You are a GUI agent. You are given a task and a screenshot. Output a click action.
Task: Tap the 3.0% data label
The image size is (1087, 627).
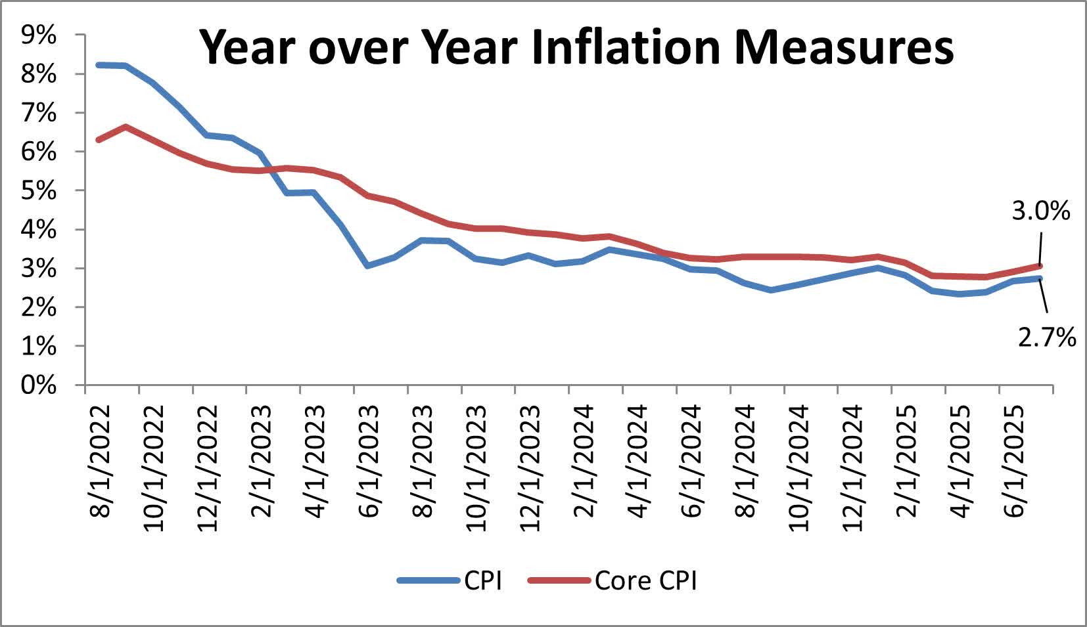click(x=1040, y=211)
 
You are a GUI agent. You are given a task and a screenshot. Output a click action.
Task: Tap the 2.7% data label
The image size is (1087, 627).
click(x=1048, y=337)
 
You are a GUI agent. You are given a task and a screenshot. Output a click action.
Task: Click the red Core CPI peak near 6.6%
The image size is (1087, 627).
click(x=126, y=127)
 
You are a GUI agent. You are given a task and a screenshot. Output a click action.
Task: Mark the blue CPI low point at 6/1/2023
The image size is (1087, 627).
click(x=367, y=265)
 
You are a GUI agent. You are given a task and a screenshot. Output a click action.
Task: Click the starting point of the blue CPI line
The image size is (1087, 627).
click(x=99, y=65)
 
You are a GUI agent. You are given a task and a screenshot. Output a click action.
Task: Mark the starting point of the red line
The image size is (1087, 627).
click(x=99, y=140)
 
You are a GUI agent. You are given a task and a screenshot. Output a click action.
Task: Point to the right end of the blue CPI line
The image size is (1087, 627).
click(x=1040, y=278)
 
